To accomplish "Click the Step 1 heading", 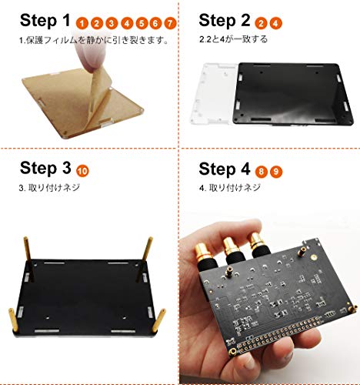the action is pos(45,20).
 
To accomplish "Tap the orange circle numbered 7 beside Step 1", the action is pos(170,24).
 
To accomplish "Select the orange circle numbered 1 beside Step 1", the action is pos(82,24).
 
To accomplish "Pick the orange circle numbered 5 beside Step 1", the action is pos(142,24).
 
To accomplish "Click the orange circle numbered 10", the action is pos(82,171).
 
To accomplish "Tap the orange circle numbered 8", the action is pos(261,172).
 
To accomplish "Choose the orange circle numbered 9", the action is pos(276,172).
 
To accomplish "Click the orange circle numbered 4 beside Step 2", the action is pos(275,23).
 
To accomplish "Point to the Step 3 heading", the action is pos(45,168).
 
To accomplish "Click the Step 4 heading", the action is pos(225,169).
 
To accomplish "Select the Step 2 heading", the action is pos(225,20).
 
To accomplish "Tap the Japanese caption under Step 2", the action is pos(233,39).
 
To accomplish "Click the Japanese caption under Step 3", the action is pos(49,188).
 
